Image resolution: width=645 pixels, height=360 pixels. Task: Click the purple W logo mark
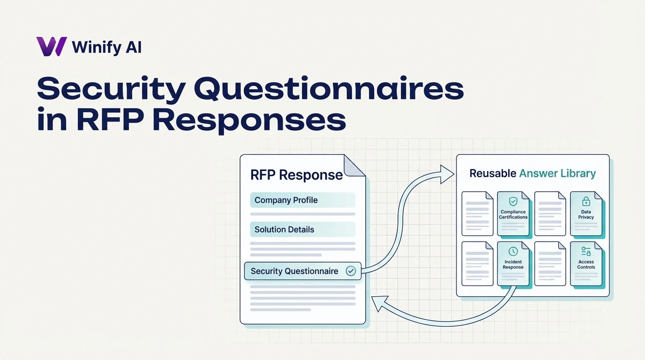[52, 47]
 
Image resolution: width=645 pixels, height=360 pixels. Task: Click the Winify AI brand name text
[106, 47]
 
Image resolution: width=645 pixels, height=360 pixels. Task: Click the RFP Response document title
[296, 175]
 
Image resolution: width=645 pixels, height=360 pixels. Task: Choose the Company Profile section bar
[302, 200]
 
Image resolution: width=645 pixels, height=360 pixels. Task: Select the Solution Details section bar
[302, 230]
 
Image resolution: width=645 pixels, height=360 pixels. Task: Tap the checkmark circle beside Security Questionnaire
[350, 271]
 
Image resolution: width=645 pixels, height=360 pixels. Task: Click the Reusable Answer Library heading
[532, 173]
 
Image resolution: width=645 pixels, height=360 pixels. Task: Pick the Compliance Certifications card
[513, 214]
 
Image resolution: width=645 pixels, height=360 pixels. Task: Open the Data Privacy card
[586, 214]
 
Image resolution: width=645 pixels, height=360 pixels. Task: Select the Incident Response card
[513, 264]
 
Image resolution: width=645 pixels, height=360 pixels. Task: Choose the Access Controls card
[586, 264]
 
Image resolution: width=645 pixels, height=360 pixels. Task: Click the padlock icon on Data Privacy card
[586, 202]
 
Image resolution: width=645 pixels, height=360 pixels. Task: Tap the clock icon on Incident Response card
[513, 252]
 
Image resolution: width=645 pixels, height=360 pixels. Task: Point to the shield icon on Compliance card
[513, 202]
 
